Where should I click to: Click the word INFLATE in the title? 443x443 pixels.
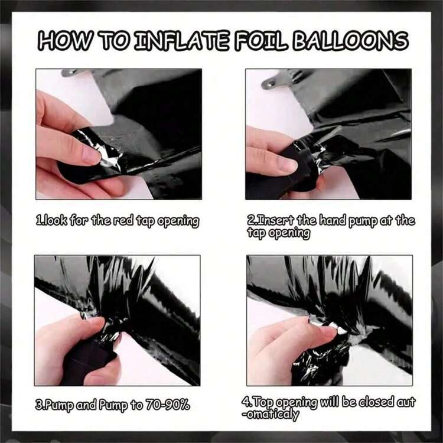tap(182, 41)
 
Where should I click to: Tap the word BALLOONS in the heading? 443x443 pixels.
tap(350, 41)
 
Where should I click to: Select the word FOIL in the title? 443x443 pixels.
tap(260, 41)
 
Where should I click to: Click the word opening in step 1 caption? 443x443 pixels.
tap(178, 221)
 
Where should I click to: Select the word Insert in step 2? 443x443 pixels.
tap(274, 220)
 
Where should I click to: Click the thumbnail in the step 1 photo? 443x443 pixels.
tap(91, 155)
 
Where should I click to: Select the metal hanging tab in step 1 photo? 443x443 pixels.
tap(73, 73)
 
